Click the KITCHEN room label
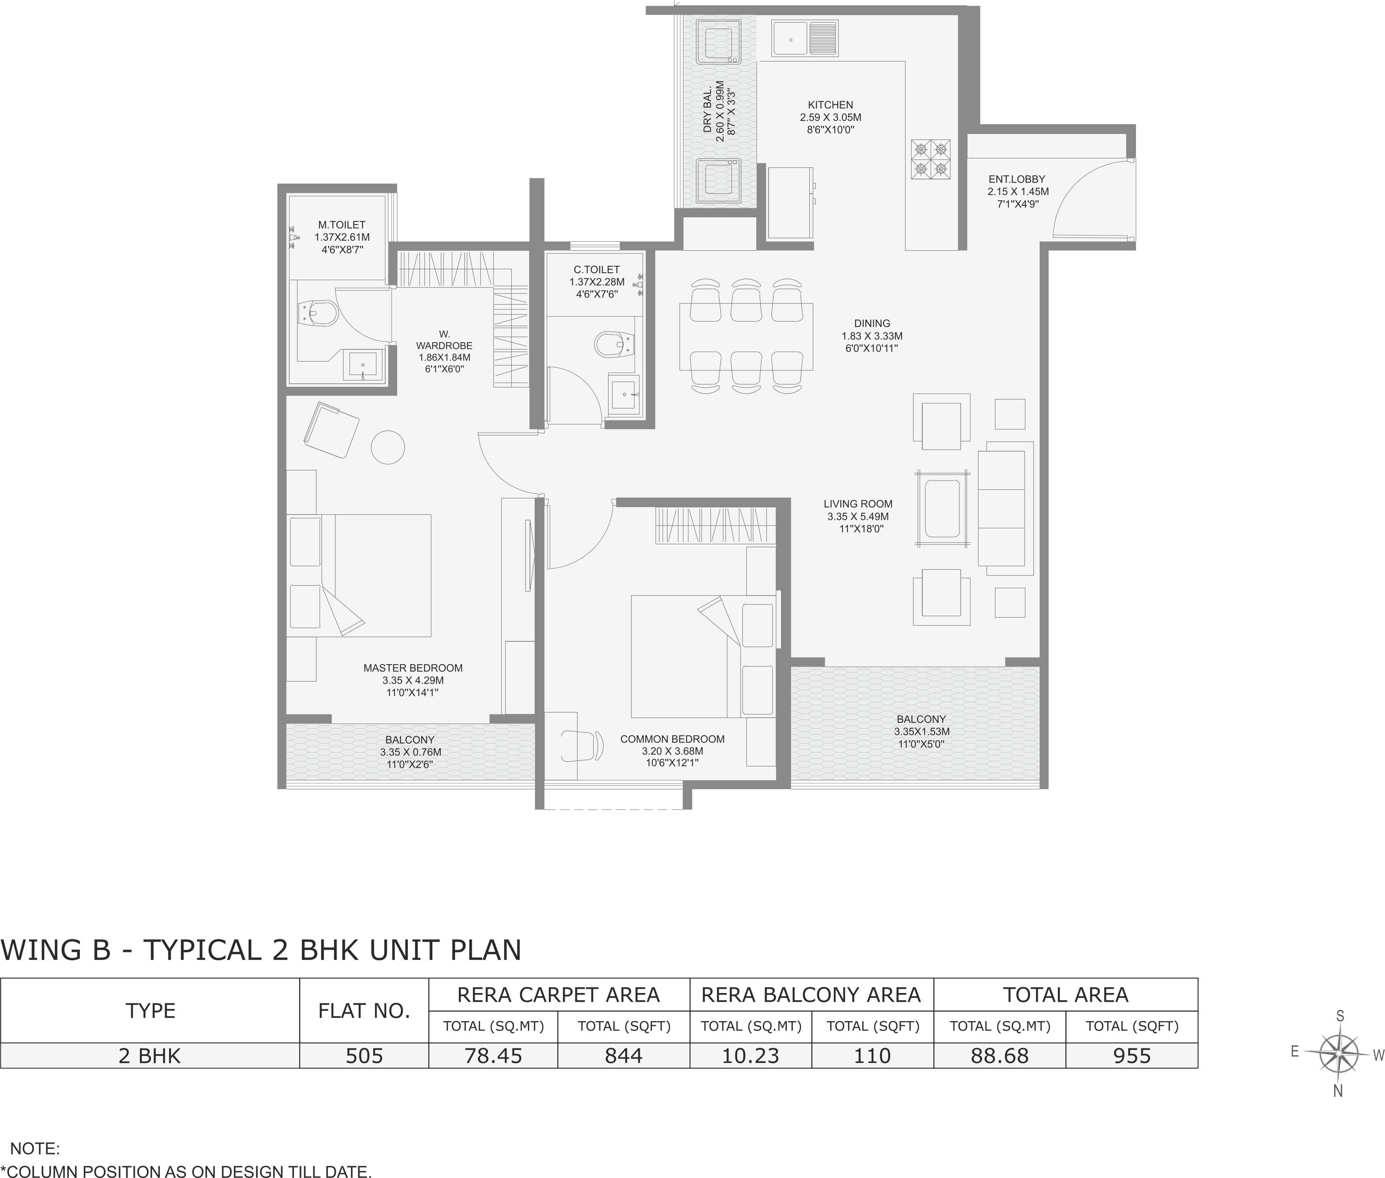coord(830,105)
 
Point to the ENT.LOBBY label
coord(1016,179)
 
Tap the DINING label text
coord(871,323)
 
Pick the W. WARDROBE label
coord(444,340)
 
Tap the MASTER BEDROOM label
coord(413,668)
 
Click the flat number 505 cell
coord(364,1056)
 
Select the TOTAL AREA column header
coord(1065,995)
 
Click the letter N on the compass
coord(1338,1091)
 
